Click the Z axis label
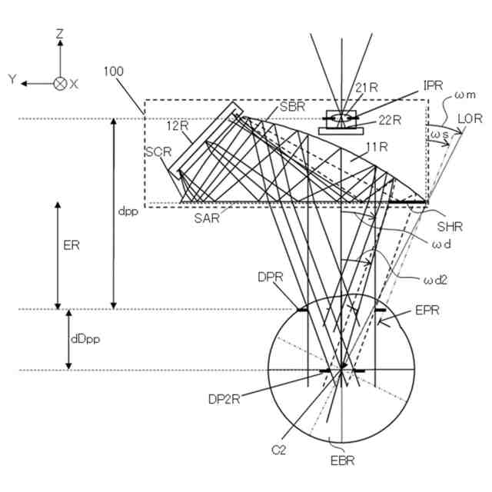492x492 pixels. click(60, 35)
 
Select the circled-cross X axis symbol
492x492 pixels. click(60, 83)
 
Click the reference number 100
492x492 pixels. click(113, 71)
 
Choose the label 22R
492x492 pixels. click(391, 119)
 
